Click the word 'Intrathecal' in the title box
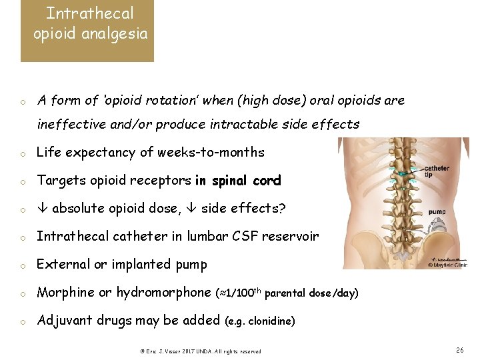coord(89,13)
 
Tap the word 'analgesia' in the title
coord(117,34)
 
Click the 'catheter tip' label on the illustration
coord(437,171)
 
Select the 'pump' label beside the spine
coord(437,211)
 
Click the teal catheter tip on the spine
coord(401,173)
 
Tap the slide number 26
coord(459,350)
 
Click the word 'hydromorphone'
coord(163,293)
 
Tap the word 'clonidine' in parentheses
coord(270,321)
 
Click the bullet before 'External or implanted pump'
coord(23,265)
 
